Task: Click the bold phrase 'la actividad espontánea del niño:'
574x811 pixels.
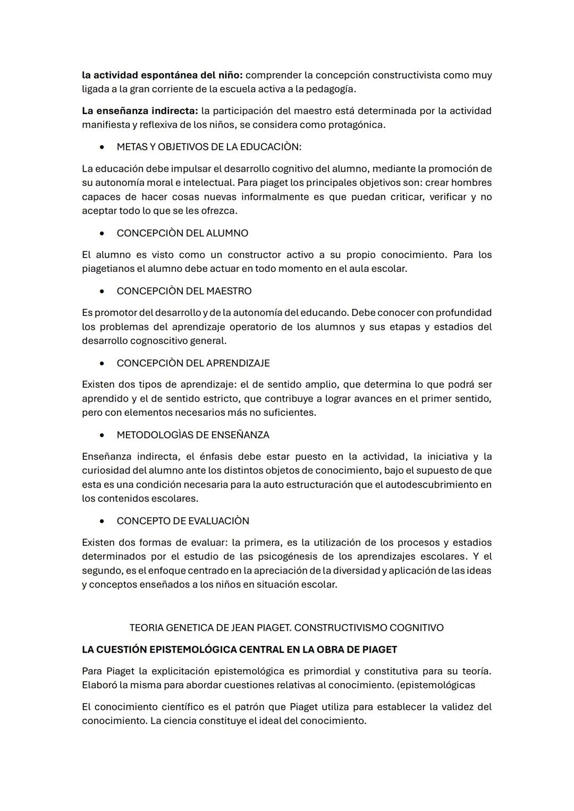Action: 162,75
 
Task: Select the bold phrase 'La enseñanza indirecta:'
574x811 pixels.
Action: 140,111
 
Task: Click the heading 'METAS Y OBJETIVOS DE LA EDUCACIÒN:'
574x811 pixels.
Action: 209,147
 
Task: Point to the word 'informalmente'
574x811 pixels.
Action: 276,197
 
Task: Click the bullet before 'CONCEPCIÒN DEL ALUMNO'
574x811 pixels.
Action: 102,234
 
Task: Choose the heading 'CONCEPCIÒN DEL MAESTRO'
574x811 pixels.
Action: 184,291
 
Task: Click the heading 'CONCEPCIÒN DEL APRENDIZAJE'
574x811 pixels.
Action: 193,363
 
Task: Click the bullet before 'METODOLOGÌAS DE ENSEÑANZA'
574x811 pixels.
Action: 102,436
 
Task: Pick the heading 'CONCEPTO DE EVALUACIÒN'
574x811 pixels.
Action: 183,521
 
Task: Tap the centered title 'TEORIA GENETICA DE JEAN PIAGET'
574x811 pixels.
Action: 210,628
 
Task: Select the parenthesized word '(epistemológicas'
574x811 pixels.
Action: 436,685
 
